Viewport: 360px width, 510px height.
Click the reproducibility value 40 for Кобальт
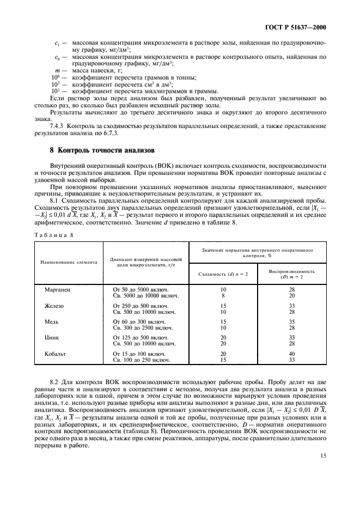pyautogui.click(x=291, y=354)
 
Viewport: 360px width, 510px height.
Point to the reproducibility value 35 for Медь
pyautogui.click(x=291, y=322)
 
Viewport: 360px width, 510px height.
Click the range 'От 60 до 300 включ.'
pyautogui.click(x=140, y=322)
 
